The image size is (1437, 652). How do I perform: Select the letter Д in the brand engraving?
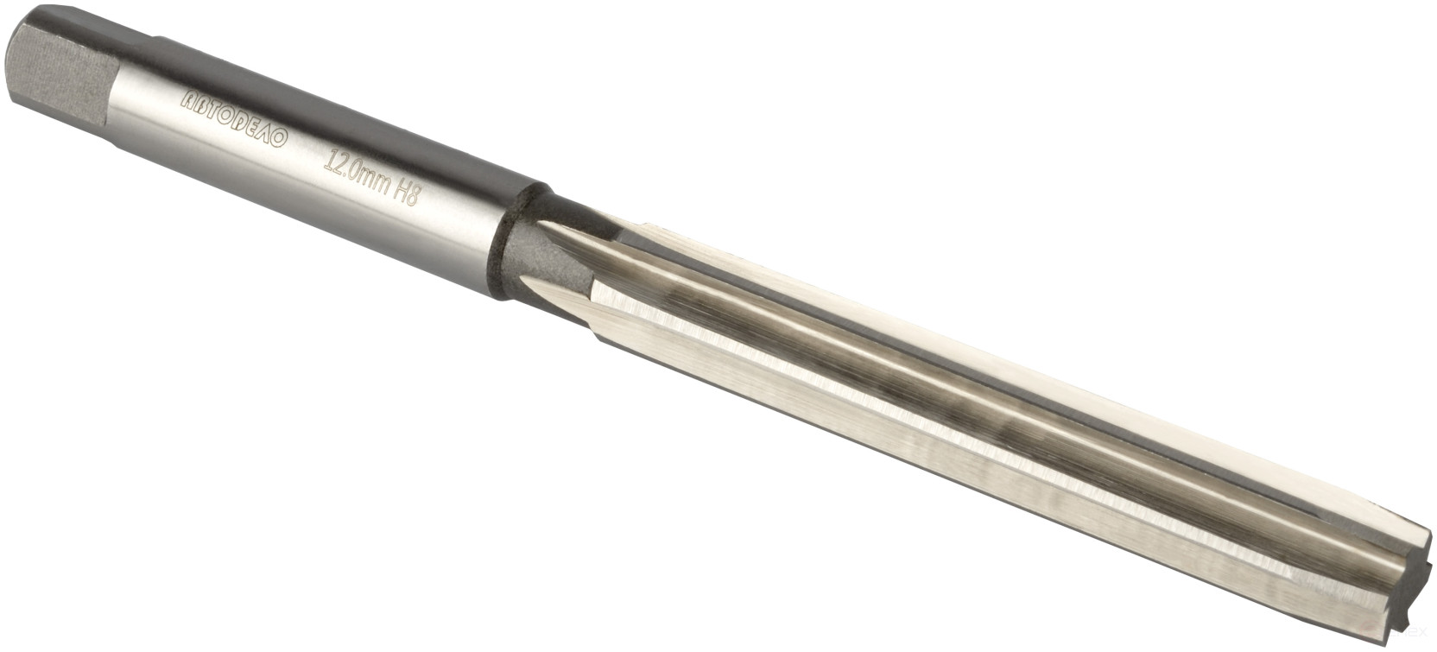point(247,123)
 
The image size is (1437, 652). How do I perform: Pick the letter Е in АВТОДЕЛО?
point(261,129)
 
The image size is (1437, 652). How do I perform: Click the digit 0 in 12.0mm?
point(353,170)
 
